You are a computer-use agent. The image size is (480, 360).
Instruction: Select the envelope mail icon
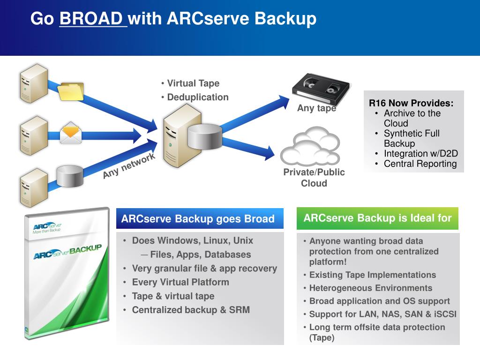tap(71, 133)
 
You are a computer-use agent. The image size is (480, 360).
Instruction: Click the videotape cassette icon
tap(321, 87)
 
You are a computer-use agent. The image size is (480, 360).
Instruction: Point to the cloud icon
tap(311, 145)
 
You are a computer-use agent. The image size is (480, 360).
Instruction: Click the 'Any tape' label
tap(316, 108)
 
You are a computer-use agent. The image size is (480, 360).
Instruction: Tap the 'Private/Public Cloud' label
tap(314, 178)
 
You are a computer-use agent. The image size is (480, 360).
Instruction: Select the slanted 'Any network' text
tap(129, 166)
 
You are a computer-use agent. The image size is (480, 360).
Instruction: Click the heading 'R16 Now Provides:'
tap(411, 104)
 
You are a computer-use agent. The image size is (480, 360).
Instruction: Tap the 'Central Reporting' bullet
tap(420, 164)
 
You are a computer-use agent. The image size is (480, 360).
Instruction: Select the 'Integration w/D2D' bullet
tap(420, 154)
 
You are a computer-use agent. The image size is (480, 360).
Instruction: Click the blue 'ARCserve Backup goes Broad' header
tap(198, 219)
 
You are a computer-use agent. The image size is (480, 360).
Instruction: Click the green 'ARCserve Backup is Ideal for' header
tap(377, 218)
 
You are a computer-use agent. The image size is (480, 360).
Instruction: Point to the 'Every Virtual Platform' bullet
tap(180, 282)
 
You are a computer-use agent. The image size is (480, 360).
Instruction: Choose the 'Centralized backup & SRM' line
tap(191, 310)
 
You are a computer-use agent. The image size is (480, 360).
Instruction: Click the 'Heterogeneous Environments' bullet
tap(371, 288)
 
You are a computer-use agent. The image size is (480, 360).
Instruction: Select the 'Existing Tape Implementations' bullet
tap(373, 275)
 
